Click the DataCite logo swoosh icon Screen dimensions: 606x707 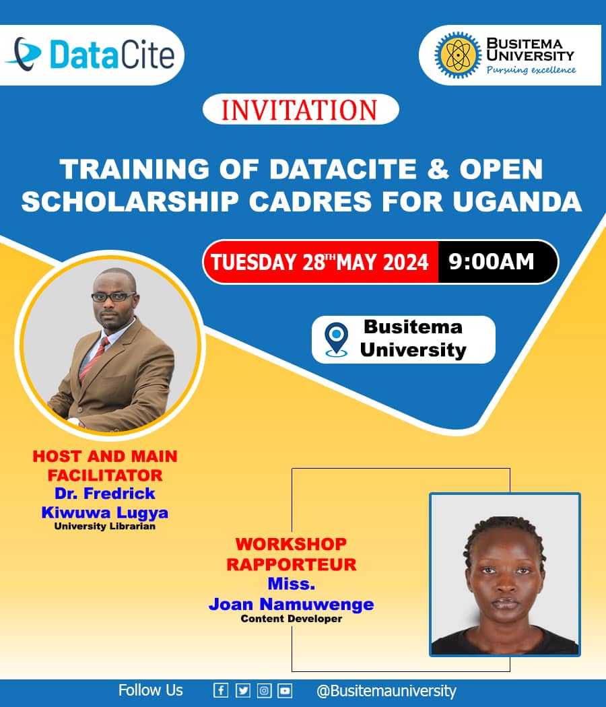pos(24,54)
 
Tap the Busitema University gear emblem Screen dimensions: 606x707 pos(458,55)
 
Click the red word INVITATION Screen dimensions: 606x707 pos(300,110)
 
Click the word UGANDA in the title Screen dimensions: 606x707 pos(517,201)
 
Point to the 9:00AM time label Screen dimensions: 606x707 pos(491,261)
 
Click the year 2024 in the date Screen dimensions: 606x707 pos(405,262)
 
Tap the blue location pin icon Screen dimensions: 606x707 pos(337,339)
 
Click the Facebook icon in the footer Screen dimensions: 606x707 pos(220,690)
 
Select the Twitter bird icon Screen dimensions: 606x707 pos(242,690)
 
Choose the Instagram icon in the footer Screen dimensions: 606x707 pos(264,690)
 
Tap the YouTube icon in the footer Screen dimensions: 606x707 pos(285,690)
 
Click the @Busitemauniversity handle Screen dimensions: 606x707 pos(386,691)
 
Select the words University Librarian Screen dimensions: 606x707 pos(104,526)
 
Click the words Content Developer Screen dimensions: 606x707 pos(292,619)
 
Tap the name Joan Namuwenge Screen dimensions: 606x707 pos(292,604)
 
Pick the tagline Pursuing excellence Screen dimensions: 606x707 pos(531,70)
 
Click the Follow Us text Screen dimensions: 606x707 pos(151,690)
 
